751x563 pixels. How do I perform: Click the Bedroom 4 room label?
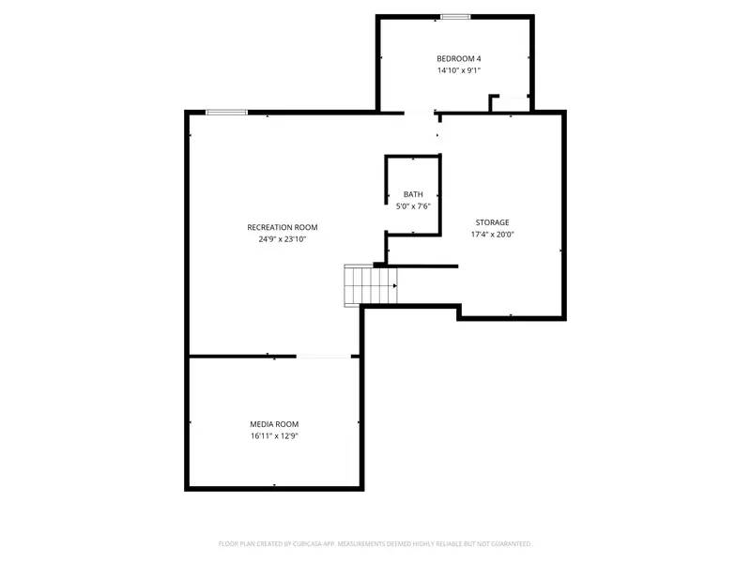[x=458, y=58]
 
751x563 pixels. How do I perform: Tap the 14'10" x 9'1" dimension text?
[x=458, y=70]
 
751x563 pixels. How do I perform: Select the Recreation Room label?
[x=283, y=227]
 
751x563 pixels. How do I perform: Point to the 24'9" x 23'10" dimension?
[x=283, y=239]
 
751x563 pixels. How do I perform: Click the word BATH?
[x=413, y=194]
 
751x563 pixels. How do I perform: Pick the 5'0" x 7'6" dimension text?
[x=413, y=205]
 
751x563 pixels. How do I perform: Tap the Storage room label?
[x=492, y=222]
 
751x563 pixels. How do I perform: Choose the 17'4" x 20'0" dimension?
[x=492, y=235]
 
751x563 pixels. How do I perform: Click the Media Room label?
[x=274, y=424]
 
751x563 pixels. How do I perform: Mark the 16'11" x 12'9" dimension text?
[x=274, y=436]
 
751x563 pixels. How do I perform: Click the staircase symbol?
[x=369, y=285]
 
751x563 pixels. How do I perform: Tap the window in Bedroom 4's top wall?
[x=455, y=16]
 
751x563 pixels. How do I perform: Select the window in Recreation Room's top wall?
[x=227, y=113]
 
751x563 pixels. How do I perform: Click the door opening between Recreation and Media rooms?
[x=324, y=356]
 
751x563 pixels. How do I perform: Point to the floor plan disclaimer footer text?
[x=375, y=543]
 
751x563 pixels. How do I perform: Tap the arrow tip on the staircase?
[x=395, y=285]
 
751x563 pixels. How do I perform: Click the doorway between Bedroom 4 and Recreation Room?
[x=420, y=114]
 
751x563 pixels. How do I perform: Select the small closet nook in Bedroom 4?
[x=512, y=102]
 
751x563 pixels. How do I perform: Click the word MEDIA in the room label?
[x=261, y=424]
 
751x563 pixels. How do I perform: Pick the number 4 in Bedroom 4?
[x=478, y=58]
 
